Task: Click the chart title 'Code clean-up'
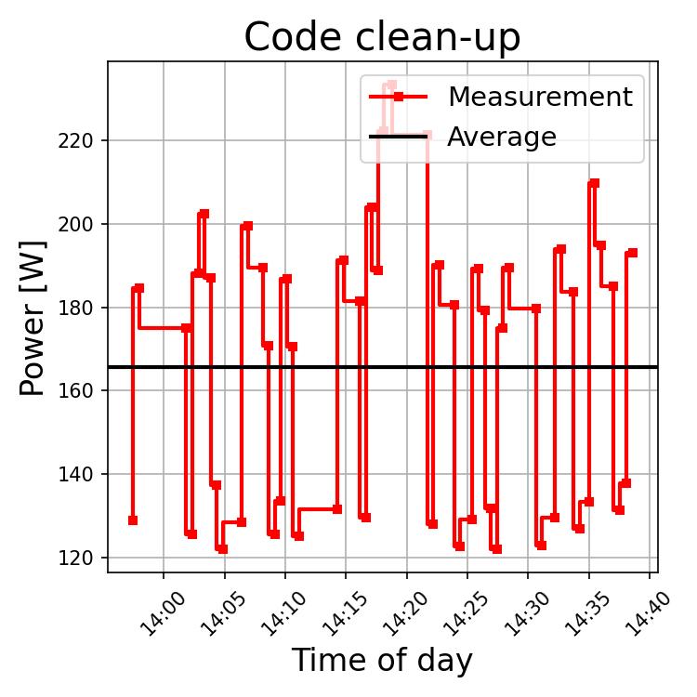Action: tap(382, 38)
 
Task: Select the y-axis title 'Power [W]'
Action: tap(33, 316)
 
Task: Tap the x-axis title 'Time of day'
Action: tap(382, 661)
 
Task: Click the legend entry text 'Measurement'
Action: tap(539, 97)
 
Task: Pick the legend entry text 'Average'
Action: tap(501, 138)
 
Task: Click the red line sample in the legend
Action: tap(398, 97)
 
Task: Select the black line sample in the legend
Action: tap(398, 138)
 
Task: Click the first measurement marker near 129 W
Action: tap(133, 520)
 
